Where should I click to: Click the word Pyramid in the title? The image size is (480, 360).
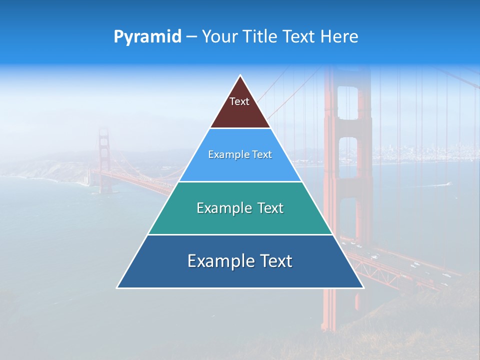coord(147,37)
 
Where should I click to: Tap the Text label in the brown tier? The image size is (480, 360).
coord(239,101)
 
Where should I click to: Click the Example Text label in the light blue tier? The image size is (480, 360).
coord(240,154)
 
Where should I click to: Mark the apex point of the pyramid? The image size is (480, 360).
coord(240,75)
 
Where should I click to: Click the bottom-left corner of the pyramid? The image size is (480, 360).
coord(117,287)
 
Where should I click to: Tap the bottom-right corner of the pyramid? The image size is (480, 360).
coord(363,287)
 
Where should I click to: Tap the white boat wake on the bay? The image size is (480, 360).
coord(440,184)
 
